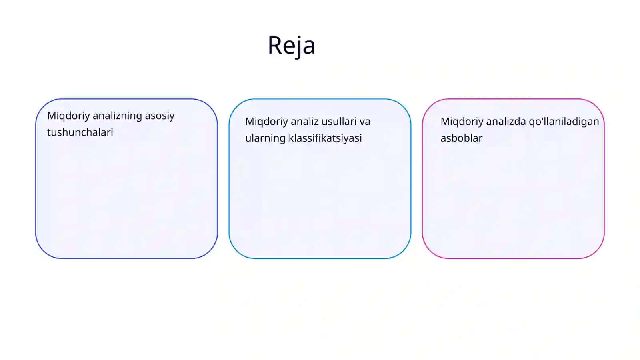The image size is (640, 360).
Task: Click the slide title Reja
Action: [292, 46]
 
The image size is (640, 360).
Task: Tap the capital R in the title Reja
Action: [274, 45]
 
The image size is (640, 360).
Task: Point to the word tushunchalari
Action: [80, 132]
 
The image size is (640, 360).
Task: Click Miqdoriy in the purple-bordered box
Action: [68, 116]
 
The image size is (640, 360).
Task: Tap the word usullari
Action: [338, 122]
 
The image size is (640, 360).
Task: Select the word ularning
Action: [266, 138]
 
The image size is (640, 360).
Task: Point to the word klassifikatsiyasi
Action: [325, 138]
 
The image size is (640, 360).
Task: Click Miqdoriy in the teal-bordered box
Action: [266, 122]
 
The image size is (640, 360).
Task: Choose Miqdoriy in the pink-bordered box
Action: [462, 122]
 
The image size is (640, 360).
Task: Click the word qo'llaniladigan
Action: [564, 122]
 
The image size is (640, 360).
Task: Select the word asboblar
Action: [462, 138]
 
